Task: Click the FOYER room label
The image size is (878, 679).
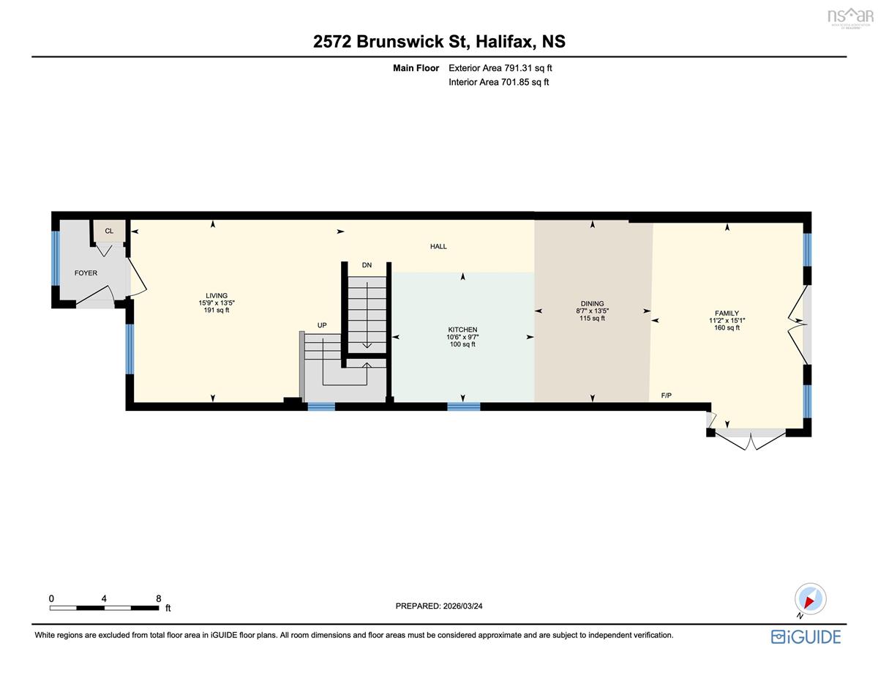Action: pos(86,273)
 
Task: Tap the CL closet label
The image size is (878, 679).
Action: pos(109,231)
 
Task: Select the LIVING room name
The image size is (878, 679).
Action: pos(217,296)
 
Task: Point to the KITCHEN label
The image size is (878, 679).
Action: pos(462,330)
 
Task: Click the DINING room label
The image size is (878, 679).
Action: pos(593,303)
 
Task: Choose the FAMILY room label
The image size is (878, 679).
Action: pos(727,313)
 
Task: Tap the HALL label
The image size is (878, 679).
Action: pos(438,246)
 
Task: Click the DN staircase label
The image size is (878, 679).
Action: pos(367,265)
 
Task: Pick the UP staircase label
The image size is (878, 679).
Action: pos(322,325)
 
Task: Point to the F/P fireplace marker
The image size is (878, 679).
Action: pos(667,395)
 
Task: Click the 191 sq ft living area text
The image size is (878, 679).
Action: pos(217,310)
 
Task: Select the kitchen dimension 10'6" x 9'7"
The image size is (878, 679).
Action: pos(462,337)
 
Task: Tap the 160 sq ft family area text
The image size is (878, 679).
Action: pos(727,327)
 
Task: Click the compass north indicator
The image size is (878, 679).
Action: pos(810,601)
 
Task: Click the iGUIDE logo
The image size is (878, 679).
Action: pos(806,637)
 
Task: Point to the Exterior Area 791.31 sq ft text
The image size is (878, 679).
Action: pos(500,68)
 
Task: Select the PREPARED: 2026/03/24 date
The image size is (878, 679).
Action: pos(439,606)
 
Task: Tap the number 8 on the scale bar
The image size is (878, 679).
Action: pos(159,598)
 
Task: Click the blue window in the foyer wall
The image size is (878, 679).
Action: pos(56,258)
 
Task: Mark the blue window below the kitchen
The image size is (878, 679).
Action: pos(464,407)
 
